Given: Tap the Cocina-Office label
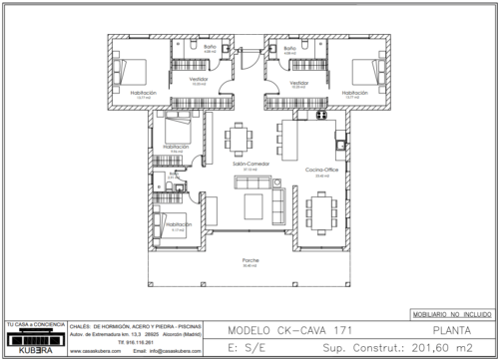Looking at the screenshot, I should (x=323, y=171).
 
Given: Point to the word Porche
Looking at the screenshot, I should (x=249, y=260).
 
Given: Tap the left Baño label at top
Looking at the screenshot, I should (x=210, y=47).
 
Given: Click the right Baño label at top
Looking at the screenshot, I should (x=289, y=47).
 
